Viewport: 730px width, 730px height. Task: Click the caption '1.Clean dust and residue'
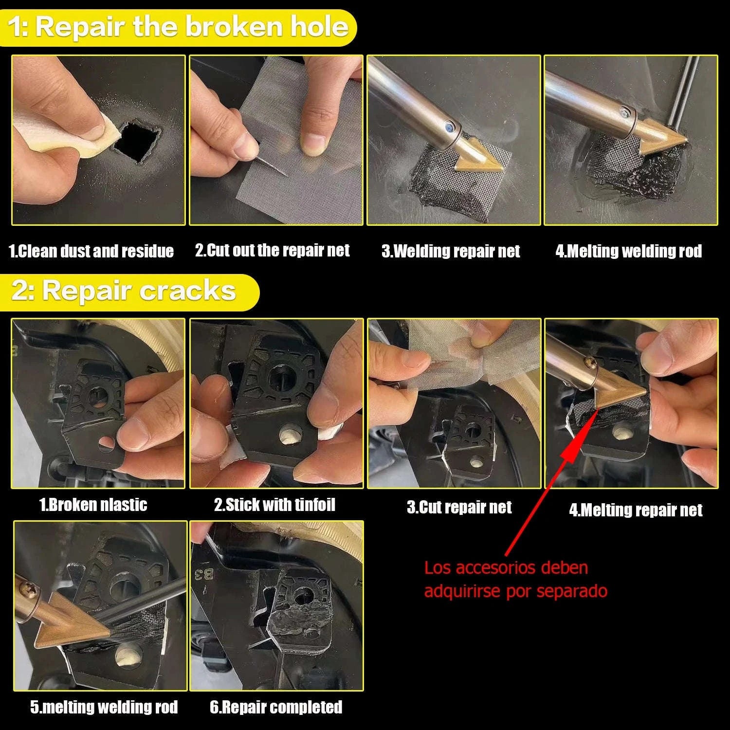click(91, 251)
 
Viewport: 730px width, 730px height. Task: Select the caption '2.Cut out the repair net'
click(273, 251)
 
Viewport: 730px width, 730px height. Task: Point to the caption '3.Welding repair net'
click(451, 251)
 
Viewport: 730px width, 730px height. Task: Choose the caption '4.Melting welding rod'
click(629, 251)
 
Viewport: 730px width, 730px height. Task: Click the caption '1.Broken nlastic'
click(93, 505)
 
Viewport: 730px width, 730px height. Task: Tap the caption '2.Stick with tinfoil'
click(275, 505)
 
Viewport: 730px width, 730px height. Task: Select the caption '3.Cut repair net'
click(459, 508)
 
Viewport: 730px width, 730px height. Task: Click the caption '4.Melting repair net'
click(636, 510)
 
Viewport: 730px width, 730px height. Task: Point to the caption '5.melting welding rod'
click(104, 707)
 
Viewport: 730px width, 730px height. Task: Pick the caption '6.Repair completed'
click(276, 707)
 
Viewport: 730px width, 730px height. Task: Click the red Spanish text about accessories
click(516, 579)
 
